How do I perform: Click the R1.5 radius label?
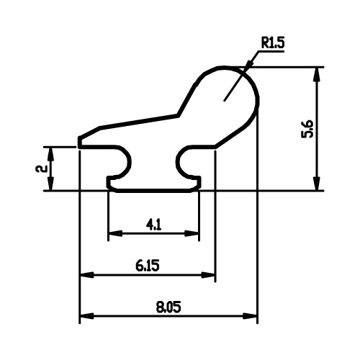273,43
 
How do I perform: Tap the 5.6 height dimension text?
307,129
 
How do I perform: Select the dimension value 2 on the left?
41,168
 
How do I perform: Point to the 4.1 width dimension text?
154,225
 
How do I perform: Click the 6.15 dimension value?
148,266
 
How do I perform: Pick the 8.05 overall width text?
168,307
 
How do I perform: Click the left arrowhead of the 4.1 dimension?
115,233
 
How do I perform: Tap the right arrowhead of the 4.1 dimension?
192,233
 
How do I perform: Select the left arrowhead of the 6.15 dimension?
86,275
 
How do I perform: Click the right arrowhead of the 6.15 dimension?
208,275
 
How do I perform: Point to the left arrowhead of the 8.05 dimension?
86,316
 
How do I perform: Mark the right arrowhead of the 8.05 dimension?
250,316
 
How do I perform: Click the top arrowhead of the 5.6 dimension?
318,75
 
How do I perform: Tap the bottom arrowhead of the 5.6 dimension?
318,184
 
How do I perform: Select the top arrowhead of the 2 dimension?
50,154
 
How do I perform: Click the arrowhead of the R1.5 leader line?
248,64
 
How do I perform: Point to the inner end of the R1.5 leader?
224,100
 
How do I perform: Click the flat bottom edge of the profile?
153,191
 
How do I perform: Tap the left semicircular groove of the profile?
130,161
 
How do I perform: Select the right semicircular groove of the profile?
177,161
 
